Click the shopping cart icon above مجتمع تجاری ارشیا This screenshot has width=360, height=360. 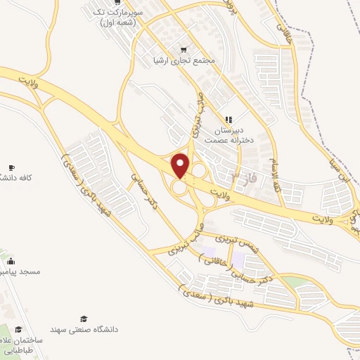tap(184, 49)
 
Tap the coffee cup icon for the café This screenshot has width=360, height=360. tap(11, 167)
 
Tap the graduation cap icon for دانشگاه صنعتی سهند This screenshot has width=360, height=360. tap(84, 319)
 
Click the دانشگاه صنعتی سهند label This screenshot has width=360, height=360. tap(84, 329)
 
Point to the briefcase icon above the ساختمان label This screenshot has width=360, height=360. tap(18, 329)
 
